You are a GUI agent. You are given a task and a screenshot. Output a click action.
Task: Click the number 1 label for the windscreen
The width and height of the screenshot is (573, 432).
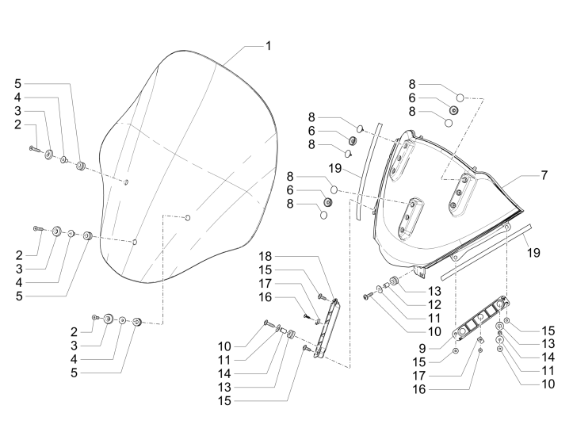[268, 46]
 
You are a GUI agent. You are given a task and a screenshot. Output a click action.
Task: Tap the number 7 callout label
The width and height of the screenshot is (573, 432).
[544, 174]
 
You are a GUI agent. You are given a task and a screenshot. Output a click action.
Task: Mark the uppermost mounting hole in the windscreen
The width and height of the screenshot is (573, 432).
[126, 182]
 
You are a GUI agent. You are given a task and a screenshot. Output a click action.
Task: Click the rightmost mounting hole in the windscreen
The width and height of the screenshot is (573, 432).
[187, 216]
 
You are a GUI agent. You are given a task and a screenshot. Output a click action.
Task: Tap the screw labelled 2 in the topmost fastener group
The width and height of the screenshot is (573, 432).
[35, 147]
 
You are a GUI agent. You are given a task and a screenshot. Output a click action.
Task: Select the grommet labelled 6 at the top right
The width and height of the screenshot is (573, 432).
[453, 110]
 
